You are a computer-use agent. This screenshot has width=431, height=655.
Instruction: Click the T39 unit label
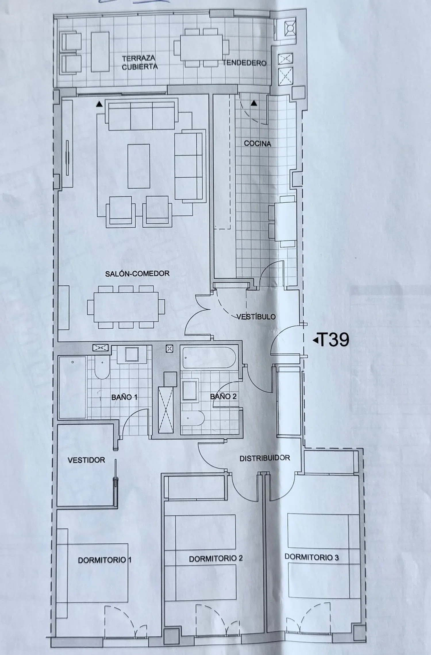pyautogui.click(x=334, y=340)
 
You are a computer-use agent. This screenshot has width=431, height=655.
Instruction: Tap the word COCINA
pyautogui.click(x=257, y=144)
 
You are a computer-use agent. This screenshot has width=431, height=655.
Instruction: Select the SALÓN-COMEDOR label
pyautogui.click(x=137, y=274)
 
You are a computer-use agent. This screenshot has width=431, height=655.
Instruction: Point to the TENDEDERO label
pyautogui.click(x=244, y=63)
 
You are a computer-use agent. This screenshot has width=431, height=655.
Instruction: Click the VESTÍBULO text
pyautogui.click(x=256, y=317)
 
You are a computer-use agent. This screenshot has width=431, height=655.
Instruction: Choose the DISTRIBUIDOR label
pyautogui.click(x=265, y=458)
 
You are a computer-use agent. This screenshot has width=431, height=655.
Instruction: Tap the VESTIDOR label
pyautogui.click(x=86, y=460)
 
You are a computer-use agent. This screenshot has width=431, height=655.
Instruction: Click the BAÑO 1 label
pyautogui.click(x=124, y=397)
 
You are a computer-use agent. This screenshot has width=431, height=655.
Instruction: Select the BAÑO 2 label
pyautogui.click(x=223, y=397)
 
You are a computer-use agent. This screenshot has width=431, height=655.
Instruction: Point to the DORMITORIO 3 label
pyautogui.click(x=311, y=557)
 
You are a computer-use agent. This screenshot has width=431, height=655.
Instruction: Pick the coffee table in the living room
pyautogui.click(x=139, y=166)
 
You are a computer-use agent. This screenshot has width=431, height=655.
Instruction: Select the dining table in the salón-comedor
pyautogui.click(x=126, y=307)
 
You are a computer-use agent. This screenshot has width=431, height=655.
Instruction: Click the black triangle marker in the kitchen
pyautogui.click(x=254, y=103)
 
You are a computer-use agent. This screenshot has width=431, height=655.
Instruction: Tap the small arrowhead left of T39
pyautogui.click(x=316, y=341)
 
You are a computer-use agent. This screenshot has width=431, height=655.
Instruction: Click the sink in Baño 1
pyautogui.click(x=132, y=354)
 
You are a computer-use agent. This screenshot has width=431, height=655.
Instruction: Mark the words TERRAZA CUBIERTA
pyautogui.click(x=139, y=63)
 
